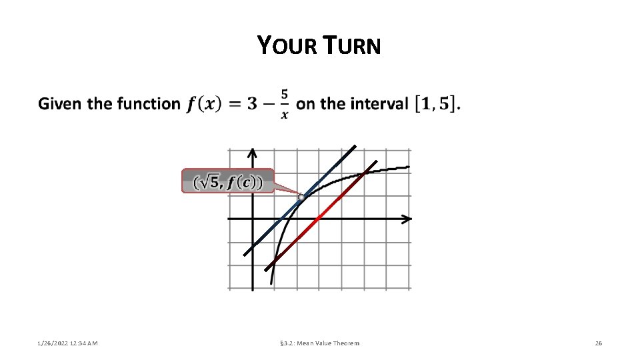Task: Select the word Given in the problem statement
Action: point(61,104)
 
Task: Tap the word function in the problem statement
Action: point(148,104)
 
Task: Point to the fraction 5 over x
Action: point(285,104)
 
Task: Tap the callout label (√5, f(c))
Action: point(227,181)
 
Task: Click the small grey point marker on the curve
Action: point(301,197)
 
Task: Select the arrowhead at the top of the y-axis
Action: point(253,154)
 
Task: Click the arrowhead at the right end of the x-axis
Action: point(407,219)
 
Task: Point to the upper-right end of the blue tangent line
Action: point(355,146)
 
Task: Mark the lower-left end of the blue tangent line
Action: point(245,255)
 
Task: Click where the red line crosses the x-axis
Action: point(317,219)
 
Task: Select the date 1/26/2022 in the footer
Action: point(50,343)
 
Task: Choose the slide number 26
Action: point(598,343)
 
